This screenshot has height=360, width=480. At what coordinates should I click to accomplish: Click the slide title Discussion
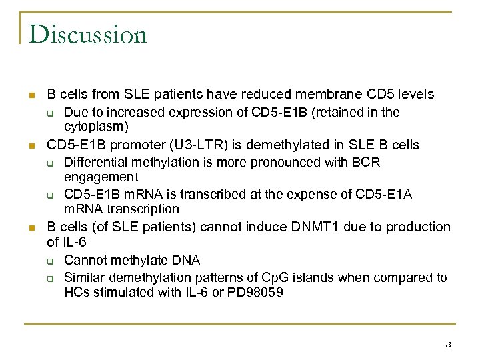click(88, 34)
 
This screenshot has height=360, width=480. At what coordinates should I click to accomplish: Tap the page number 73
click(447, 345)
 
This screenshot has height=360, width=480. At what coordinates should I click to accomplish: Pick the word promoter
click(132, 145)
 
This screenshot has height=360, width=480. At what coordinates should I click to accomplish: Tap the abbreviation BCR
click(367, 162)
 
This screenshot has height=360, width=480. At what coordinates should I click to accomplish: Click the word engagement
click(101, 177)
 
